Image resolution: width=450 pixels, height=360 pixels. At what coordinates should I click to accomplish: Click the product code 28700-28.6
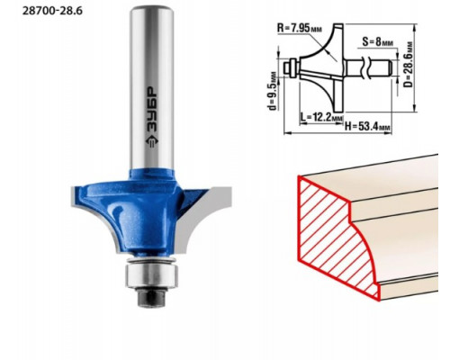pyautogui.click(x=52, y=11)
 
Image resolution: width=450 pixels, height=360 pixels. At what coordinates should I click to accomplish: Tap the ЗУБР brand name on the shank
pyautogui.click(x=152, y=110)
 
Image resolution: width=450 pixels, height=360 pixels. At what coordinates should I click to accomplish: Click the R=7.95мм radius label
pyautogui.click(x=300, y=28)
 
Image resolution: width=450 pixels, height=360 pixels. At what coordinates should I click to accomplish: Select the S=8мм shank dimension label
pyautogui.click(x=377, y=41)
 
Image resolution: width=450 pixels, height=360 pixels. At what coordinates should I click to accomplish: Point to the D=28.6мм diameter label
pyautogui.click(x=408, y=65)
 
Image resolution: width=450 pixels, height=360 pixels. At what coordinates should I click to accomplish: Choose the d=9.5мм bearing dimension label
pyautogui.click(x=273, y=91)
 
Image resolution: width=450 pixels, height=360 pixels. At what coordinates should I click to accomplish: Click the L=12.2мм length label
pyautogui.click(x=321, y=117)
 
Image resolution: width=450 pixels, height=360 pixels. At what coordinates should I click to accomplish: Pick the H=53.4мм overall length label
pyautogui.click(x=367, y=126)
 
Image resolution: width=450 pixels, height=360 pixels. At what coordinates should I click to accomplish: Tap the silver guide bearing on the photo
pyautogui.click(x=151, y=274)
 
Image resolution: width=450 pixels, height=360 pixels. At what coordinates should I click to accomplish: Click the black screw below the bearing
pyautogui.click(x=151, y=297)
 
